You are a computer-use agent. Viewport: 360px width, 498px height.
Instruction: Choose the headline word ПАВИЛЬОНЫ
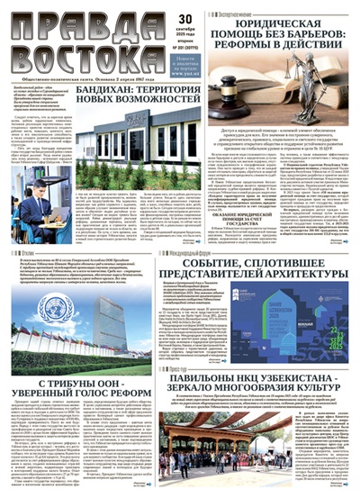(190, 353)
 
